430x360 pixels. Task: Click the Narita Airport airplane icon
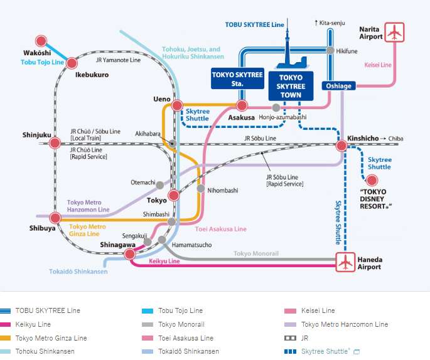395,32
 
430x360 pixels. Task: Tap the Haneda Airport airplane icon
345,262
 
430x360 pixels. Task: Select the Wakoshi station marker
41,42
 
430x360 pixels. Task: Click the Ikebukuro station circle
72,63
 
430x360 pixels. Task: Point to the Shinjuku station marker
55,144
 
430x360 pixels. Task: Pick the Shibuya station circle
55,218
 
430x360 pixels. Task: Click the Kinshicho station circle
341,146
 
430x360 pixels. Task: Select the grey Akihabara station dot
173,144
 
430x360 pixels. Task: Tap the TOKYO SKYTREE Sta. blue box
237,78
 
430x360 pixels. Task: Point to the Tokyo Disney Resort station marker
372,181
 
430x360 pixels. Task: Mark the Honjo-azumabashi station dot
276,108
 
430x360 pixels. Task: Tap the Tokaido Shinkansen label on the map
78,272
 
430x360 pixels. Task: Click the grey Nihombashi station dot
201,188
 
